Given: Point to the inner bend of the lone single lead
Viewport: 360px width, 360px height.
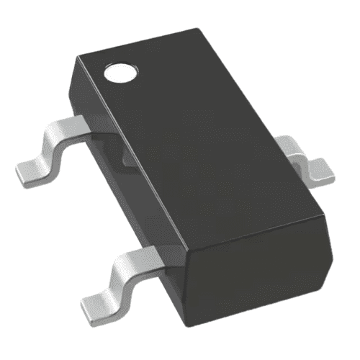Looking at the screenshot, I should click(297, 156).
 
